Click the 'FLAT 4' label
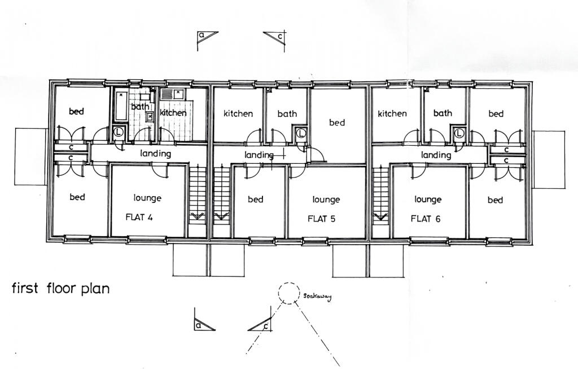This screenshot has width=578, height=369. tap(139, 219)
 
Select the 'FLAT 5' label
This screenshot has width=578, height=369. tap(321, 219)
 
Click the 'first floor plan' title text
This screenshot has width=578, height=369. tap(60, 288)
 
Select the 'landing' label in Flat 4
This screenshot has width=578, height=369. tap(156, 154)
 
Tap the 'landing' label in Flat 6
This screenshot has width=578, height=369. tap(436, 155)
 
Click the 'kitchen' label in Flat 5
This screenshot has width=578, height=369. tap(238, 114)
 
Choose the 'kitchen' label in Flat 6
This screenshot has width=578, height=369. tap(392, 114)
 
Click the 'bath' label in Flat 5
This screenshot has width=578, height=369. tap(287, 114)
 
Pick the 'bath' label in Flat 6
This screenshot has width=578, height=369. tap(443, 113)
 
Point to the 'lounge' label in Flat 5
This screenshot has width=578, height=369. tap(326, 199)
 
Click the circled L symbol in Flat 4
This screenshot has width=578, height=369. tap(119, 133)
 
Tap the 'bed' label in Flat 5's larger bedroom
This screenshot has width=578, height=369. tap(337, 123)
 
